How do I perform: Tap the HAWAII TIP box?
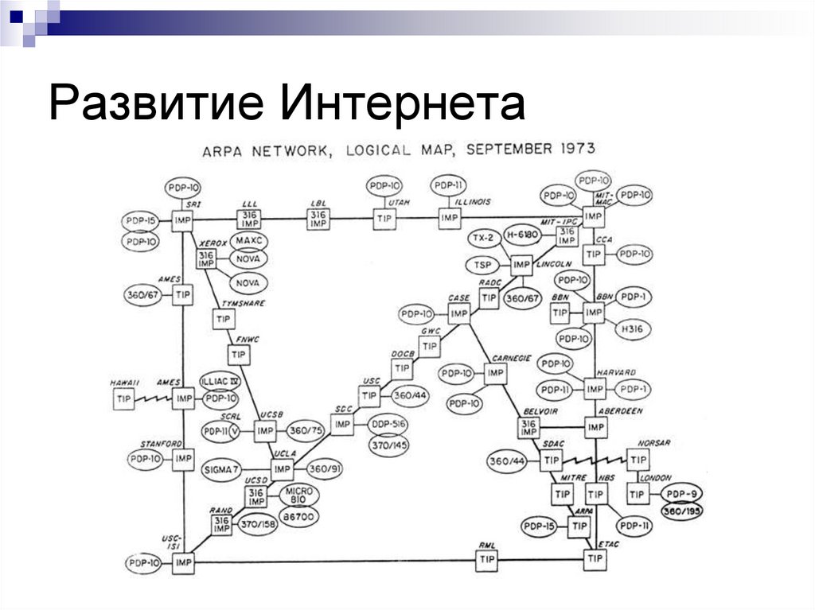123,398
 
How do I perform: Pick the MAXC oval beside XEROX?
248,239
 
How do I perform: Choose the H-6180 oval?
523,237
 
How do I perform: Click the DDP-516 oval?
388,424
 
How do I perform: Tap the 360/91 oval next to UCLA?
325,468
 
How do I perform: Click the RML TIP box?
486,561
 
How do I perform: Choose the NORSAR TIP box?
637,460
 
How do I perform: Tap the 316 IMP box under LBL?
318,218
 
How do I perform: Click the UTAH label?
398,203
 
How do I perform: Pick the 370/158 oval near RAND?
259,524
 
